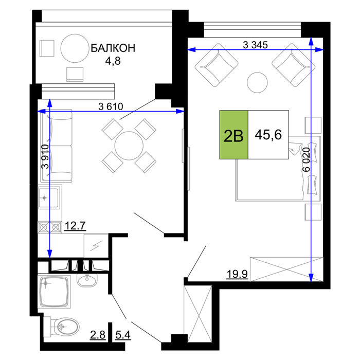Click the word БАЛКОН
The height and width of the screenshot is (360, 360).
tap(113, 48)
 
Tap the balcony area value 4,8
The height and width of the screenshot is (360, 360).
tap(113, 61)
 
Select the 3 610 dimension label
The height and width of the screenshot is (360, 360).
tap(111, 106)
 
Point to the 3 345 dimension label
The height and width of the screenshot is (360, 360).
tap(255, 45)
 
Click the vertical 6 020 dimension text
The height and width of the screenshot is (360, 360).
tap(307, 160)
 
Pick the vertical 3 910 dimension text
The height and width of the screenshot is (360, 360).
tap(45, 156)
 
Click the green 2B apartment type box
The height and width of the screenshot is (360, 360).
tap(233, 135)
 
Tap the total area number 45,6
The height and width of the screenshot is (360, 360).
tap(268, 135)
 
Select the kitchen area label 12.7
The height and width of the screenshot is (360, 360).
tap(75, 226)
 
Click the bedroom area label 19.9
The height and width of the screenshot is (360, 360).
tap(237, 274)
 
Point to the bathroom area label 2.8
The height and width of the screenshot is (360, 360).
tap(98, 335)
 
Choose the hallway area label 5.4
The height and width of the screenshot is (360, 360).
tap(123, 335)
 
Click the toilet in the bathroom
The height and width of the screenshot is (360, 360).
tap(62, 327)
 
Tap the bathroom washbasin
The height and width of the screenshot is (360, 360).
tap(87, 280)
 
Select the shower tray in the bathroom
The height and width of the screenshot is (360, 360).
tap(54, 292)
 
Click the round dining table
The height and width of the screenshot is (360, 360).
tap(129, 146)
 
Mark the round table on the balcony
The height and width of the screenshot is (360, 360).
tap(75, 48)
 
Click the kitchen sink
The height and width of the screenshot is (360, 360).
tap(49, 197)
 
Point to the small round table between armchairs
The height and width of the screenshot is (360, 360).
tap(257, 82)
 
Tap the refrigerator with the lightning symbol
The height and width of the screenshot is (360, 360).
tap(96, 246)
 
